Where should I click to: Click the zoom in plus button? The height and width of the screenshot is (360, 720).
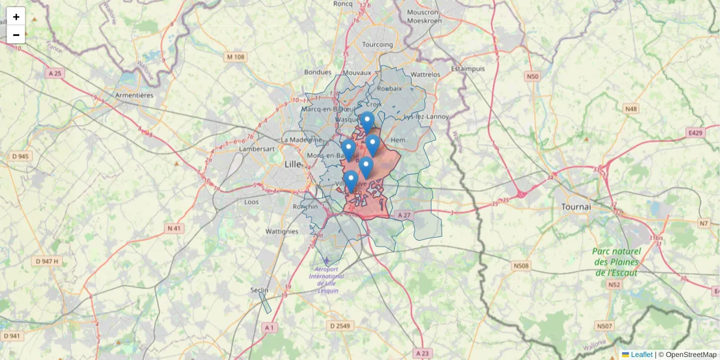pos(16,17)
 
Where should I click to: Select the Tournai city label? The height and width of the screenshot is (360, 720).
pos(576,206)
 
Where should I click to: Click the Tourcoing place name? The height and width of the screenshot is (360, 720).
pos(377,44)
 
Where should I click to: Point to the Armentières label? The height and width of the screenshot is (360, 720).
pos(134,95)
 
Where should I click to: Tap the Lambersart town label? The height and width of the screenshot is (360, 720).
pos(256,148)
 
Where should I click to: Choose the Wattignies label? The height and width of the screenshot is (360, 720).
pos(281,231)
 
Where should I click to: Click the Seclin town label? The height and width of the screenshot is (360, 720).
pos(259,290)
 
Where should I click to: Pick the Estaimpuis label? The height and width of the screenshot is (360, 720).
pos(468,68)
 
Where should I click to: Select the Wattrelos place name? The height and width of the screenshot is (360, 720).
pos(425,74)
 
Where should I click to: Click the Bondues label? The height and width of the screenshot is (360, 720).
pos(317,72)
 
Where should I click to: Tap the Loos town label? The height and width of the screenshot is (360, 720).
pos(252,202)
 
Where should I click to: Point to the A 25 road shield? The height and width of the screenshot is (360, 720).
pos(55,73)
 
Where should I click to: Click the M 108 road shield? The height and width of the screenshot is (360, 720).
pos(236,57)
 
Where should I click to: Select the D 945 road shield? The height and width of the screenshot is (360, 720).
pos(20,157)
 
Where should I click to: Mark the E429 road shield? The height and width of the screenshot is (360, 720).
pos(695,132)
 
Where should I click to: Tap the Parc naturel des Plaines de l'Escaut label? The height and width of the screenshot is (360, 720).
pos(616,262)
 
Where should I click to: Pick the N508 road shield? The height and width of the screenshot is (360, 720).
pos(521,265)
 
